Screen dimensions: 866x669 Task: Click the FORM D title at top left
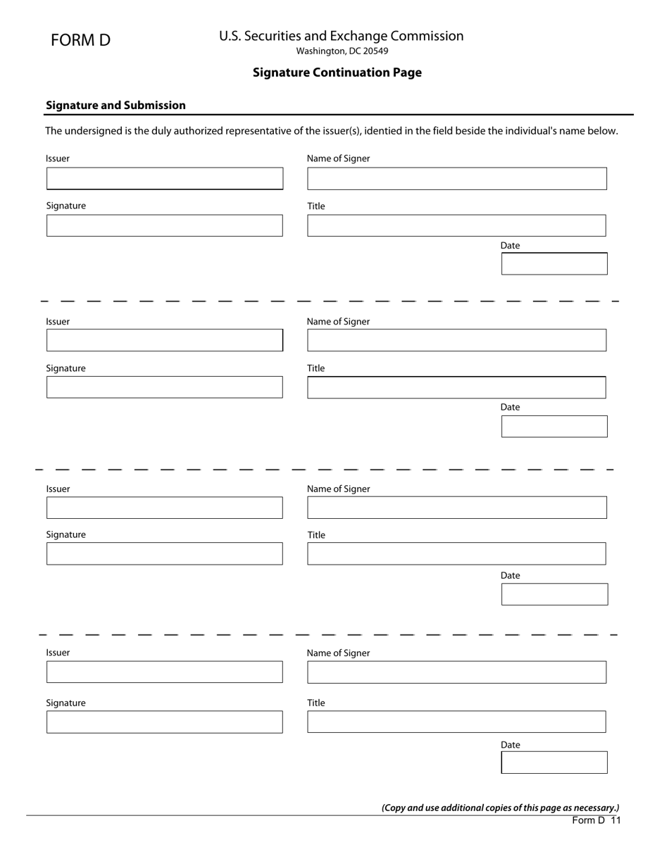click(80, 40)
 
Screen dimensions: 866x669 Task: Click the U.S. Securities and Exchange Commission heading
click(341, 36)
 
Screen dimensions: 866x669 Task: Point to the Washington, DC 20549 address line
click(342, 51)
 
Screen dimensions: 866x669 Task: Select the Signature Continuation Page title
click(337, 73)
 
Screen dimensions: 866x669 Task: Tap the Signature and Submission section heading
click(115, 106)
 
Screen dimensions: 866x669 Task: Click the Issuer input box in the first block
click(165, 179)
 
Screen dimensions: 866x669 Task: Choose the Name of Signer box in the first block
click(456, 179)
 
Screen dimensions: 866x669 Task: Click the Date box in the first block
click(554, 264)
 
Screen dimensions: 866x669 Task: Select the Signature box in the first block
click(165, 226)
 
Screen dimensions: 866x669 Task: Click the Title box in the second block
click(456, 388)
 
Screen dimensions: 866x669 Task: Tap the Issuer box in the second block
click(165, 340)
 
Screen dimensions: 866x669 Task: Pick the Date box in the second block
click(554, 427)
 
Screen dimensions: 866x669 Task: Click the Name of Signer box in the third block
click(456, 508)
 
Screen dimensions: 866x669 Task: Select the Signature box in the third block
click(165, 553)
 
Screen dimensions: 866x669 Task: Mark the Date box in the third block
click(554, 594)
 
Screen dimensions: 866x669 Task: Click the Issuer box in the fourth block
click(165, 672)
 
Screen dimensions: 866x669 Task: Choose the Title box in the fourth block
click(456, 722)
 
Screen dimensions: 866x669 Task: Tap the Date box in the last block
click(554, 763)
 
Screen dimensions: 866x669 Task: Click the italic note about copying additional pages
click(501, 808)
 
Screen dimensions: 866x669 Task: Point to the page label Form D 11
click(596, 820)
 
